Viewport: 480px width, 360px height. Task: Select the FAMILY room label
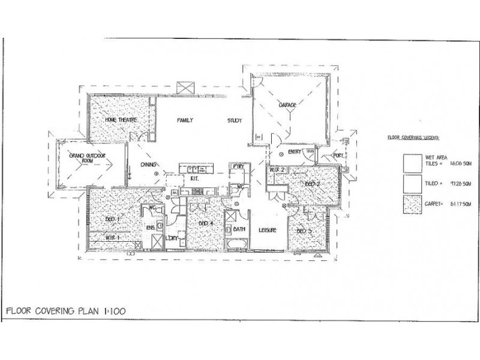(185, 121)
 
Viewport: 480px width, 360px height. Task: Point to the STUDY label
(235, 121)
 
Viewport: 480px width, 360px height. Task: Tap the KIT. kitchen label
(194, 179)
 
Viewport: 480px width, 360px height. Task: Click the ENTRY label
(294, 152)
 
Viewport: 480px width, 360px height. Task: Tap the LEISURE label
(266, 230)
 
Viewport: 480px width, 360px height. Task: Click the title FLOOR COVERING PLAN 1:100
(62, 311)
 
